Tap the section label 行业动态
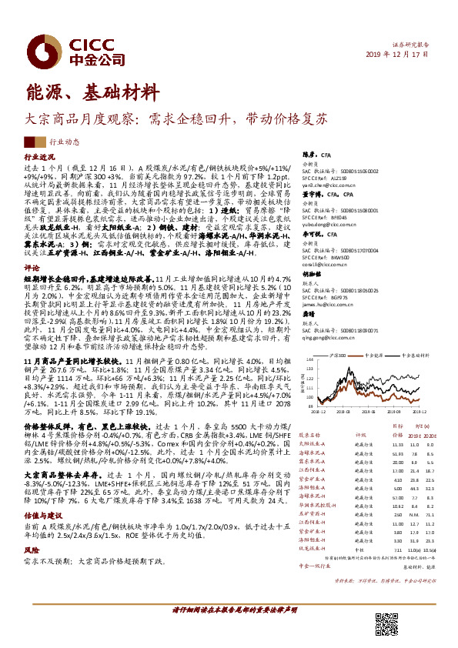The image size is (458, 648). [64, 142]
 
